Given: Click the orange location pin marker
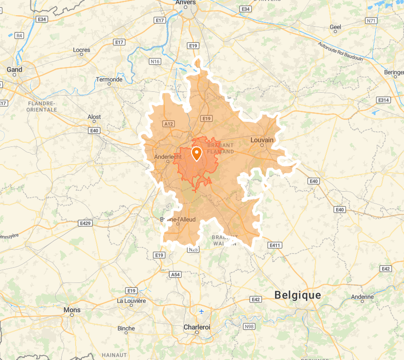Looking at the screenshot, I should click(196, 154).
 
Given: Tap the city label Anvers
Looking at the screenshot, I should click(185, 2).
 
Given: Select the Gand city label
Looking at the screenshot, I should click(14, 69).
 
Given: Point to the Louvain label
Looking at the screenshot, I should click(262, 140).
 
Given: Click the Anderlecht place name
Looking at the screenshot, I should click(168, 157).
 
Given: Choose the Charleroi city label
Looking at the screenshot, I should click(197, 327).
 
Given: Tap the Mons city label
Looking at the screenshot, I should click(72, 310).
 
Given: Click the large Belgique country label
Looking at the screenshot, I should click(298, 295).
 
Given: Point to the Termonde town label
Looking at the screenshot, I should click(109, 79).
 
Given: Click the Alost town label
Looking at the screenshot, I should click(94, 117).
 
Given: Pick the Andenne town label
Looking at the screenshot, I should click(362, 297).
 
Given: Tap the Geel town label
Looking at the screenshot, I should click(336, 27).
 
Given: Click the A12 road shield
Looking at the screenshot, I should click(169, 124).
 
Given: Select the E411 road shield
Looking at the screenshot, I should click(275, 245).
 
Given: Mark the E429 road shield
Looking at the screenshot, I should click(86, 223).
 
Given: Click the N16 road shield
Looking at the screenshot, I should click(155, 61).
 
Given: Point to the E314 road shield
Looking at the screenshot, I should click(383, 100).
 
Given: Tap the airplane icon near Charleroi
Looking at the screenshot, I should click(202, 311).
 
